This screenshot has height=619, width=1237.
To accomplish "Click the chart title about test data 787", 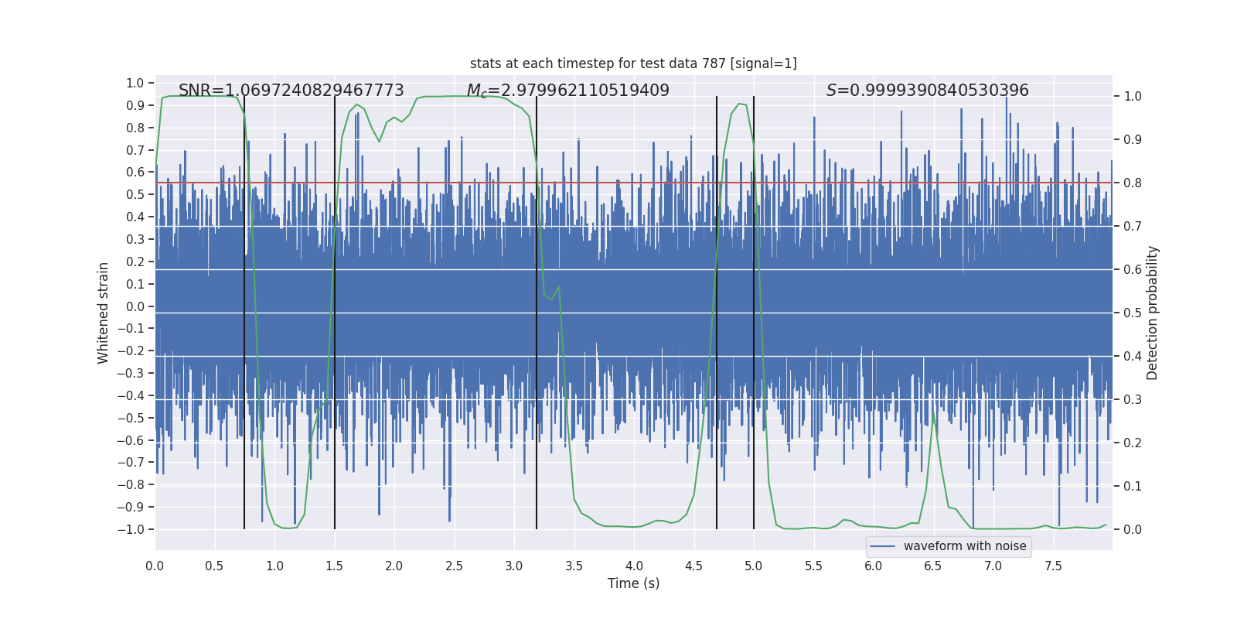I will point(633,63).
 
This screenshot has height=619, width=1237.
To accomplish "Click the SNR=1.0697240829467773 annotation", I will point(291,91).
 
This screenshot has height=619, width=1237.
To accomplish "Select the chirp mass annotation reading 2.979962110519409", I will point(567,91).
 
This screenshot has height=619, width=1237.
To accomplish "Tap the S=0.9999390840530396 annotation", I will point(927,91).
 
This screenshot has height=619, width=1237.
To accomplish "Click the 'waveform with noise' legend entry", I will point(964,546).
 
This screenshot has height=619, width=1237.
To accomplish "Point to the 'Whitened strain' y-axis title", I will point(104,313).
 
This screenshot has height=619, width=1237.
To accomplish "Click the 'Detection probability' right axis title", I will point(1153,313).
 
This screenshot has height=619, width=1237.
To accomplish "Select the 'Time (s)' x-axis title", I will point(633,583).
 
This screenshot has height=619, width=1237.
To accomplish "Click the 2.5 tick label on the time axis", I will point(454,566).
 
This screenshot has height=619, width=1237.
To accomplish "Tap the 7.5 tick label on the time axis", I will point(1053,566).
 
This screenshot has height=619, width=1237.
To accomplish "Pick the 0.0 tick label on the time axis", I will point(155,566).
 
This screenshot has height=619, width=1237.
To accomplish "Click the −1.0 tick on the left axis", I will point(130,529).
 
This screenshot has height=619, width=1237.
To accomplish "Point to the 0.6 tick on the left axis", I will point(135,173).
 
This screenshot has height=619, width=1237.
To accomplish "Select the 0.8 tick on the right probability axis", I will point(1133,183).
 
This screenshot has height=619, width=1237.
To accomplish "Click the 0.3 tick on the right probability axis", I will point(1133,400).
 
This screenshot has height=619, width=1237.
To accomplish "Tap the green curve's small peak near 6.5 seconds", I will point(934,412).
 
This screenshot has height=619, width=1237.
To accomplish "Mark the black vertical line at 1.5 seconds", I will point(335,309).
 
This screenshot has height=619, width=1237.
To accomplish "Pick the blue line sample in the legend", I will point(883,546).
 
